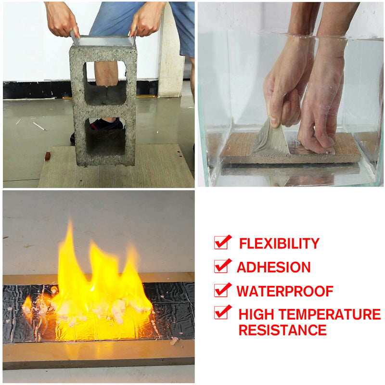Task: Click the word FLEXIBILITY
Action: tap(279, 244)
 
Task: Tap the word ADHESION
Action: tap(273, 267)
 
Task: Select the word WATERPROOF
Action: tap(285, 291)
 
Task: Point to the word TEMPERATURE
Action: tap(330, 314)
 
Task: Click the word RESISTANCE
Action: tap(282, 330)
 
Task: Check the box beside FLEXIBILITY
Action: tap(222, 243)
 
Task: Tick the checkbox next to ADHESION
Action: tap(222, 266)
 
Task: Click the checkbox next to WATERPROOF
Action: tap(222, 290)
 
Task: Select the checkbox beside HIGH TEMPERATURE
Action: tap(222, 312)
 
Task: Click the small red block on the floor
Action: tap(48, 156)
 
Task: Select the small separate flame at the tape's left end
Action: tap(27, 306)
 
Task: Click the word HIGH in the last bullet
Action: tap(256, 314)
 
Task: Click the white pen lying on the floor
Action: tap(39, 126)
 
